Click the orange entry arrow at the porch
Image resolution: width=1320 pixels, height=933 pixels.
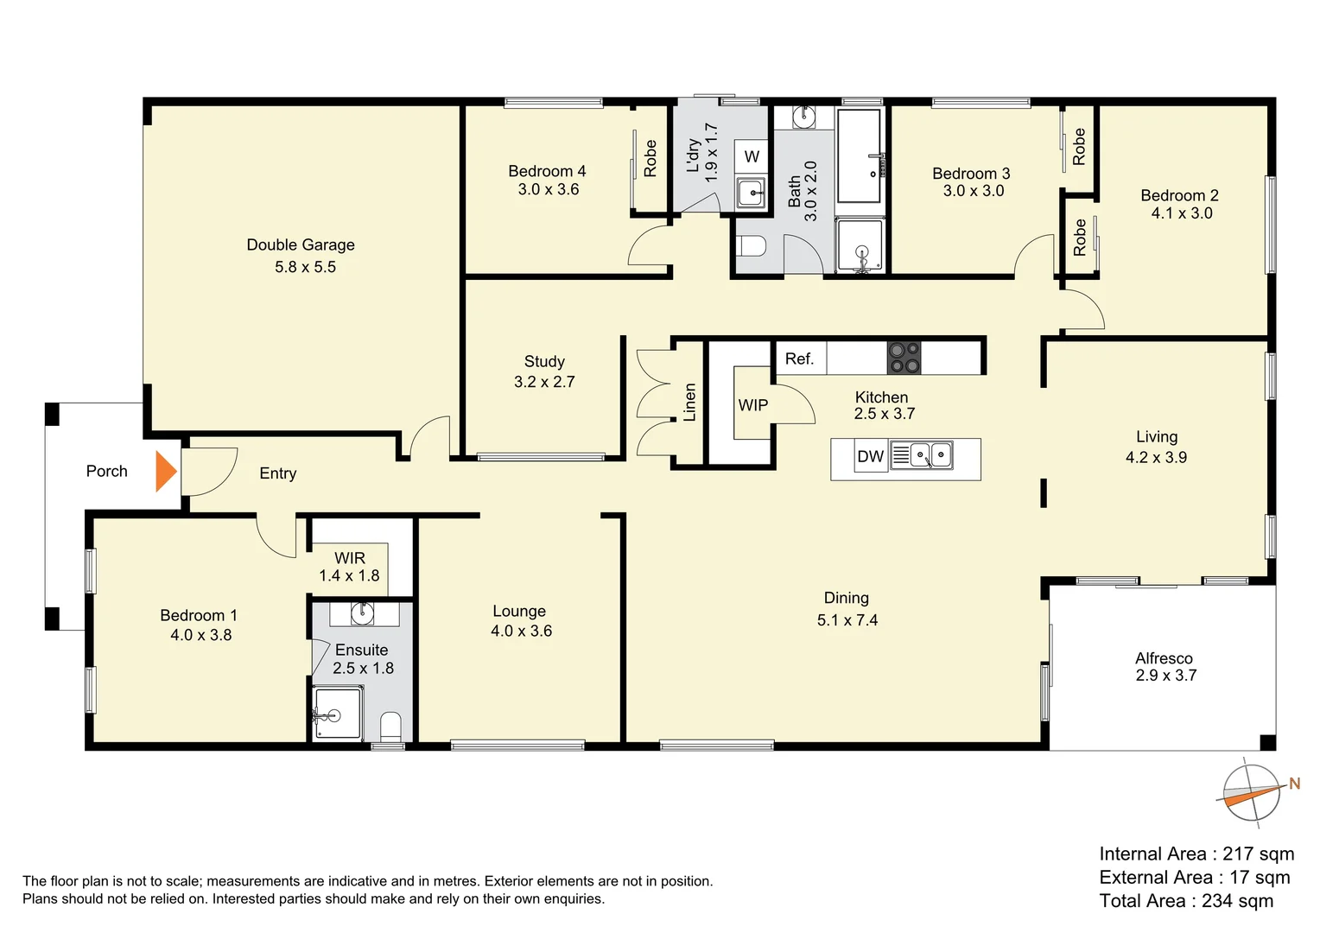pyautogui.click(x=166, y=472)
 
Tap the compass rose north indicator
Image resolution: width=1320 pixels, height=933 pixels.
pyautogui.click(x=1252, y=793)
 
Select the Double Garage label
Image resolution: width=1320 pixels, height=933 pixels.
pyautogui.click(x=301, y=245)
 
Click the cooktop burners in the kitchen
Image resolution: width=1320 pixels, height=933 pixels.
pyautogui.click(x=904, y=358)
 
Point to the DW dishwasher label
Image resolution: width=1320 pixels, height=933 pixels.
pyautogui.click(x=870, y=457)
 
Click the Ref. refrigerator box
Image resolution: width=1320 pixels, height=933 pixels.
pyautogui.click(x=800, y=359)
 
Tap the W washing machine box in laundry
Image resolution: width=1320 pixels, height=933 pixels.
pyautogui.click(x=752, y=156)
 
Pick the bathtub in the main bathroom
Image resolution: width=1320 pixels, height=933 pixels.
pyautogui.click(x=860, y=155)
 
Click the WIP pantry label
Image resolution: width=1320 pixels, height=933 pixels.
pyautogui.click(x=752, y=405)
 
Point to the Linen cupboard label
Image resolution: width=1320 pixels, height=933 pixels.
pyautogui.click(x=689, y=403)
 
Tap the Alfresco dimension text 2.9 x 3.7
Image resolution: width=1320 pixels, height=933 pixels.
pyautogui.click(x=1166, y=676)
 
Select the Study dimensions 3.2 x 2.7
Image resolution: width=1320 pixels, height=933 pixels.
pyautogui.click(x=544, y=382)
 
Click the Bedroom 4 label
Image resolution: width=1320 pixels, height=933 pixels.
pyautogui.click(x=547, y=171)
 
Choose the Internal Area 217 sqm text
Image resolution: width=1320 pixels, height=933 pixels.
pyautogui.click(x=1196, y=854)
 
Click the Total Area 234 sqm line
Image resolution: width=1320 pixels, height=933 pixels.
pyautogui.click(x=1186, y=901)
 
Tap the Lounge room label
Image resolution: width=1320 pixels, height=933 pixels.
pyautogui.click(x=519, y=611)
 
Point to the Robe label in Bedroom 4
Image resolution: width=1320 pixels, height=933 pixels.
pyautogui.click(x=650, y=158)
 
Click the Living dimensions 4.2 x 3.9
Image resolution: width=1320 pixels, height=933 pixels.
pyautogui.click(x=1156, y=458)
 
